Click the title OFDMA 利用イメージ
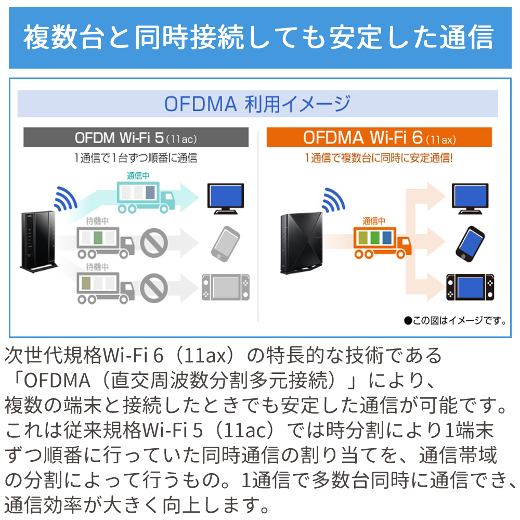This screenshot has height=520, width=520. coord(257,104)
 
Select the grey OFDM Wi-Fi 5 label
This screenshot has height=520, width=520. coord(136,138)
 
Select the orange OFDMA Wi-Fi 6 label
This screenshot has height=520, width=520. coord(379,138)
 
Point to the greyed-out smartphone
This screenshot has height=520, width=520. coord(225,243)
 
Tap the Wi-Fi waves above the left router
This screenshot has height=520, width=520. coord(65,199)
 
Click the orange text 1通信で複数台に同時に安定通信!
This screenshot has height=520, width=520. coord(379,158)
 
